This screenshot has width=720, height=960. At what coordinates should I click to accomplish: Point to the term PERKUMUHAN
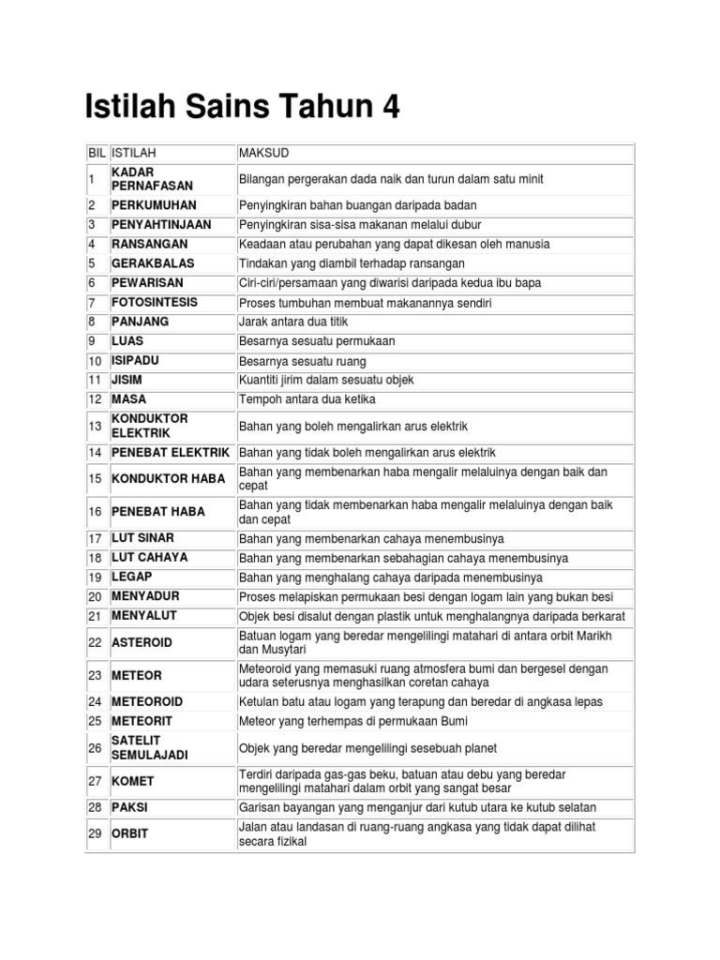click(154, 204)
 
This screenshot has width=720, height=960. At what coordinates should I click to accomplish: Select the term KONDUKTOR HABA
click(169, 479)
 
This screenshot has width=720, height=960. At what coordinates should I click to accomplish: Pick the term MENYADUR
click(145, 596)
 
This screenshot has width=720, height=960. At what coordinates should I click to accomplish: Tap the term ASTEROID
click(142, 642)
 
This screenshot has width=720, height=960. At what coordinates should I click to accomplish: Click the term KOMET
click(132, 781)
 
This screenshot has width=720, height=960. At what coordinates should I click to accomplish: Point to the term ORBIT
click(130, 833)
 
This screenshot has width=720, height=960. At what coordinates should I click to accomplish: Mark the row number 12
click(95, 399)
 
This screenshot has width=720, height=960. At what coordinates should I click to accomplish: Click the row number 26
click(95, 747)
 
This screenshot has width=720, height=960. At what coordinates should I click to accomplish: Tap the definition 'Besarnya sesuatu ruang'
click(303, 361)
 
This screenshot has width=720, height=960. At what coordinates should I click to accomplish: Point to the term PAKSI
click(130, 807)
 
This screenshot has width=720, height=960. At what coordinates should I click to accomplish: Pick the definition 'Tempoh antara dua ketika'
click(308, 399)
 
